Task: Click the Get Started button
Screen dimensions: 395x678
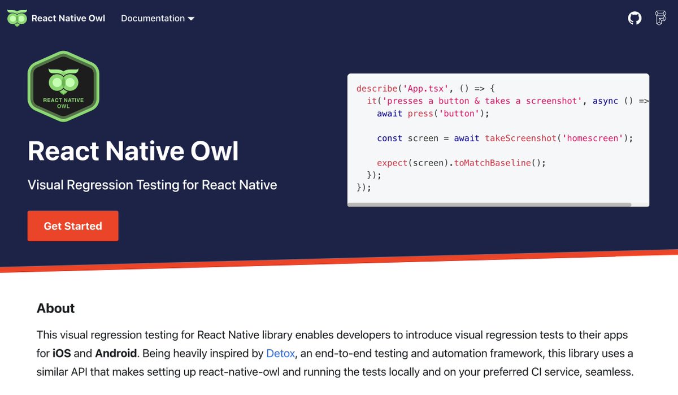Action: (x=73, y=226)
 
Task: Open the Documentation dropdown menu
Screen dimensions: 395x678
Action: (x=157, y=18)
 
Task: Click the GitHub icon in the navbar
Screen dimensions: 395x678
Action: (x=634, y=18)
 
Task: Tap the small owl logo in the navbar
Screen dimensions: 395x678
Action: (x=16, y=18)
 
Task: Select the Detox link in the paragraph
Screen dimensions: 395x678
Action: (x=280, y=354)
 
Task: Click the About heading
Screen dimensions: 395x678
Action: (x=55, y=308)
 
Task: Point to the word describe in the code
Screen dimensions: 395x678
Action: (x=377, y=89)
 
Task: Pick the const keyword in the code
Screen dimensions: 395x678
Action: (x=389, y=138)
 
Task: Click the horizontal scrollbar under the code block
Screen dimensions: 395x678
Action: (x=489, y=205)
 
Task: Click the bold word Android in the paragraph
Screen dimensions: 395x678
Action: (x=116, y=354)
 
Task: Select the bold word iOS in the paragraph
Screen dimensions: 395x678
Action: (x=62, y=354)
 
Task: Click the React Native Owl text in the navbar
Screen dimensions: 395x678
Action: (x=68, y=18)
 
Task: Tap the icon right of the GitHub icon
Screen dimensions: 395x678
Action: (x=660, y=18)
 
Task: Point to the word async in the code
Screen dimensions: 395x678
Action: (x=605, y=101)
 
